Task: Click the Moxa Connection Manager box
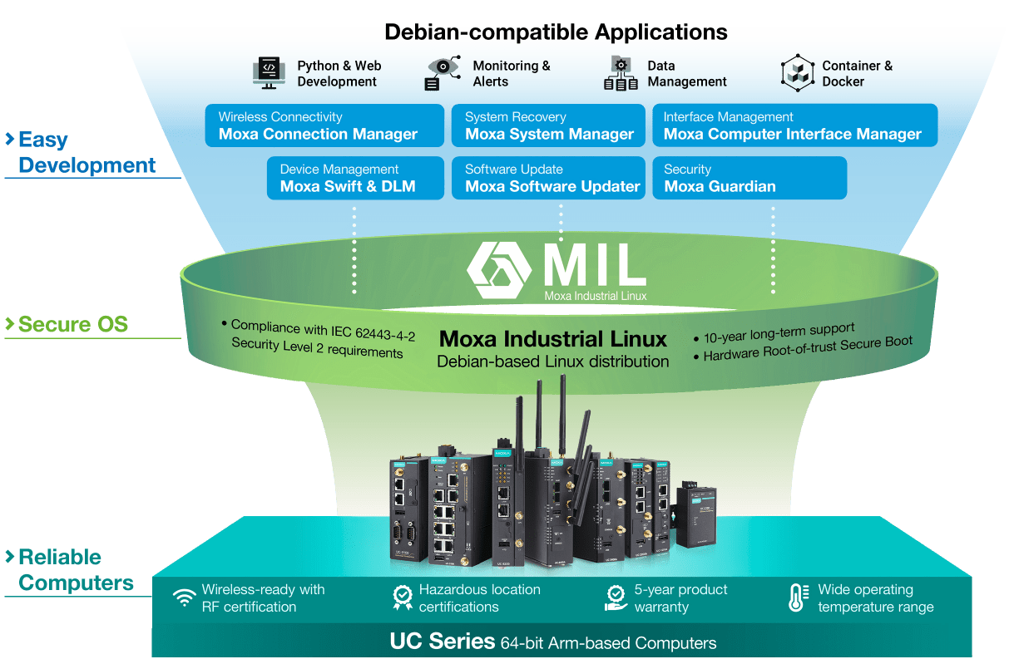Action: pos(322,125)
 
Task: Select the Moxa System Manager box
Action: pos(548,125)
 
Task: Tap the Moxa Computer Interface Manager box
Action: pos(794,125)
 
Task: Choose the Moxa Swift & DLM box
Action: pos(353,178)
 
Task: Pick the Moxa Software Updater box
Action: pos(548,178)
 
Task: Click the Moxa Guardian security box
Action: pos(749,178)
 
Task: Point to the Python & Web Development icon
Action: pos(269,73)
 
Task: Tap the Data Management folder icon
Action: pos(621,73)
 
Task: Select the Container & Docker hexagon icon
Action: pos(797,73)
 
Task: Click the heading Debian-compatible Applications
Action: pos(556,32)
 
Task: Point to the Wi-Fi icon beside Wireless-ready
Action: pos(185,598)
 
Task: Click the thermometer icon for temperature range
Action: pos(797,598)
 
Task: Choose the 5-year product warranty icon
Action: pos(616,598)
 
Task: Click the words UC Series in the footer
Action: pos(443,642)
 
